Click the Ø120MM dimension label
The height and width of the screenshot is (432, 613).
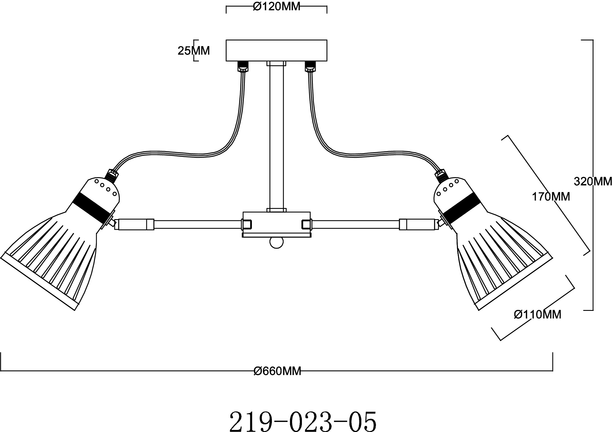pos(276,7)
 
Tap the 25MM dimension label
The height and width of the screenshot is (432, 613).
pos(194,51)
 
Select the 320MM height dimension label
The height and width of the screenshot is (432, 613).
pos(593,181)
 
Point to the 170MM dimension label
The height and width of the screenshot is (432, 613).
pos(551,197)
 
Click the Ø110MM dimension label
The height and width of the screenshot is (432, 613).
pos(538,314)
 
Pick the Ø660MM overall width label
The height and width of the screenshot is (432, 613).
pos(277,371)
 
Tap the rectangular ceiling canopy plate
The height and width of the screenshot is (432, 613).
pos(276,50)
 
